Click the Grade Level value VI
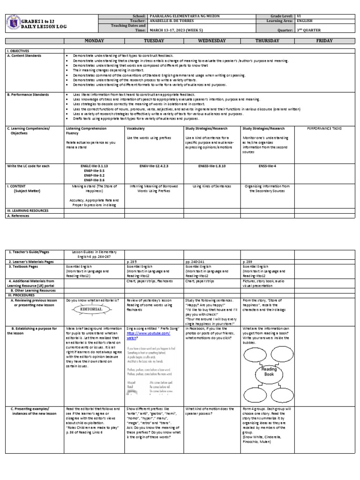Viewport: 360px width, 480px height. [x=298, y=16]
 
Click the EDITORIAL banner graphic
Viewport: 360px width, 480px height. [x=93, y=310]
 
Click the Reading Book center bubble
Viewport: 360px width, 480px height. [x=270, y=372]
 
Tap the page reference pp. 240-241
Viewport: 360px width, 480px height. [x=195, y=261]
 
